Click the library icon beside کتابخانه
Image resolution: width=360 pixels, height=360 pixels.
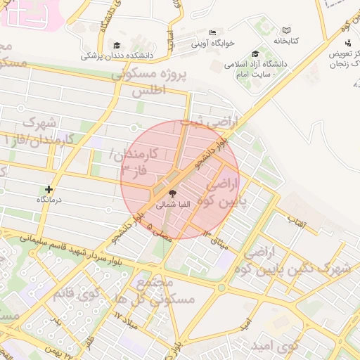(286, 30)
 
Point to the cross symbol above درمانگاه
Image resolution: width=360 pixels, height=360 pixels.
(49, 189)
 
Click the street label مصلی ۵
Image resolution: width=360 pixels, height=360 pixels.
(160, 233)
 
